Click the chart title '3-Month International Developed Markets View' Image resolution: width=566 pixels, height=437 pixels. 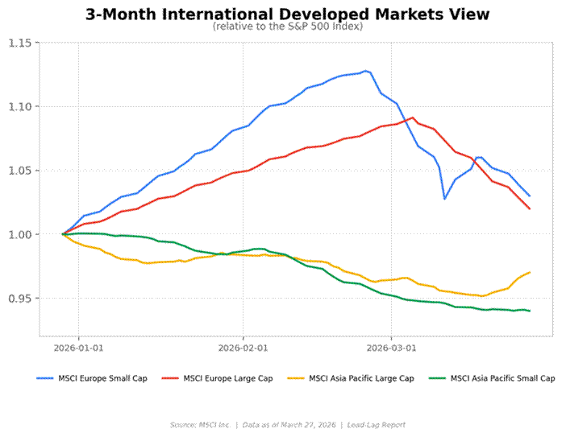click(287, 14)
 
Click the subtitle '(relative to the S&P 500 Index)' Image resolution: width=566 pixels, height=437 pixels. click(287, 27)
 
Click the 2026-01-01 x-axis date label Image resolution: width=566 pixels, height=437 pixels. click(78, 348)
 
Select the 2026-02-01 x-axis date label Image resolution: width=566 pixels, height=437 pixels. click(243, 348)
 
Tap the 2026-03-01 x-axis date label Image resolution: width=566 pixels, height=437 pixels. click(391, 348)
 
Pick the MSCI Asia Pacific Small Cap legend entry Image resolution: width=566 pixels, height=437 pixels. click(501, 378)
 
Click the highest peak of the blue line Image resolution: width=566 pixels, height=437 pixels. click(365, 71)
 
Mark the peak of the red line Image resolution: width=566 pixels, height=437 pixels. click(413, 117)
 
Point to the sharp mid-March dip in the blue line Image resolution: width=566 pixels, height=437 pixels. click(444, 198)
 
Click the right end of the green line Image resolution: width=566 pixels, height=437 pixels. click(529, 311)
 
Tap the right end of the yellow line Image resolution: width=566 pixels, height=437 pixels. click(529, 272)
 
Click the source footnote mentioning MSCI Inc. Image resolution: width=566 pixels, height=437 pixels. click(287, 424)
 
